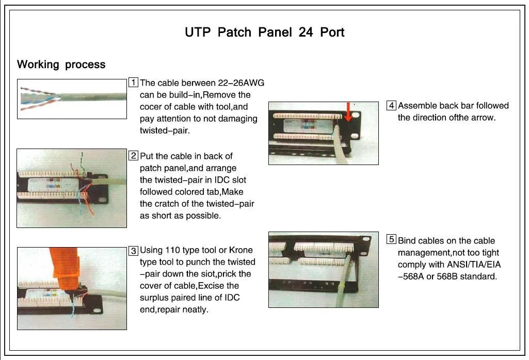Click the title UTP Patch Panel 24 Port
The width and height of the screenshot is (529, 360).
tap(264, 32)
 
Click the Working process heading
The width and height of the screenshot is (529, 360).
tap(61, 64)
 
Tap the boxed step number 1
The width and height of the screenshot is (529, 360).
tap(133, 83)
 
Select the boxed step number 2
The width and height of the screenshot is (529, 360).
tap(134, 156)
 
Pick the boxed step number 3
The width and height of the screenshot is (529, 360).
tap(134, 251)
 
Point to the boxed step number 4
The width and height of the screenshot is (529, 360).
tap(391, 106)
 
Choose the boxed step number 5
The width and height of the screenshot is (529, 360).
tap(391, 239)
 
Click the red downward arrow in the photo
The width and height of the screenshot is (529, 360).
tap(348, 112)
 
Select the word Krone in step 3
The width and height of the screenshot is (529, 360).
tap(241, 250)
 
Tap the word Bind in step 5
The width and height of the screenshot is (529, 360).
tap(407, 241)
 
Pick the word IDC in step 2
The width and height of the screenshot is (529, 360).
tap(222, 180)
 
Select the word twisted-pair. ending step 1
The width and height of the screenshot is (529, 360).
tap(165, 130)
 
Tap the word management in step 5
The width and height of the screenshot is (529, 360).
tap(424, 253)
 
